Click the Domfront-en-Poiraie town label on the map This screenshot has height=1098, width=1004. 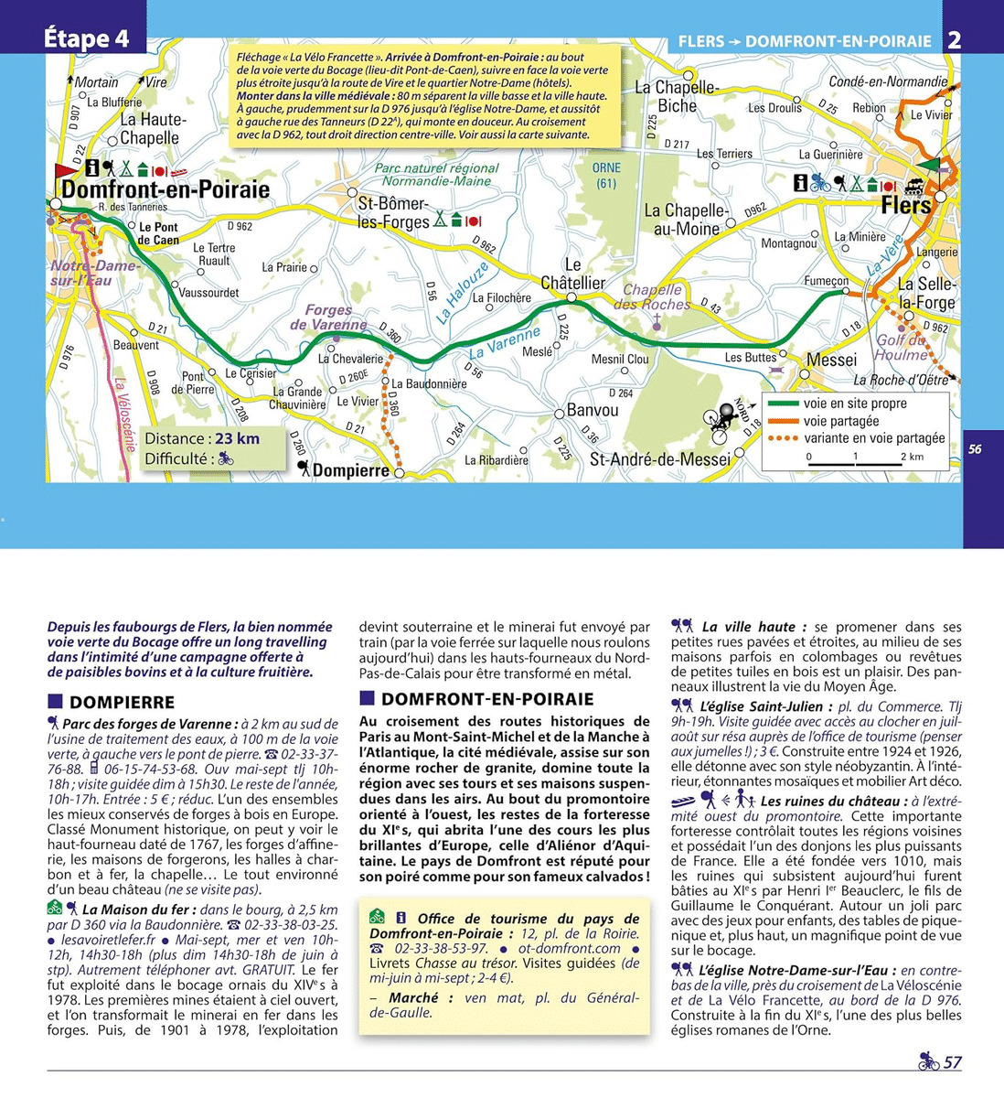[x=166, y=189]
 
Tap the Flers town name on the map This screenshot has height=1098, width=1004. [x=905, y=205]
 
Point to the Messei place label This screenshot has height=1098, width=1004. [x=831, y=360]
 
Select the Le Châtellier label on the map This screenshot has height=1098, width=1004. [x=573, y=274]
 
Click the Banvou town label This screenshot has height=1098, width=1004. [x=593, y=410]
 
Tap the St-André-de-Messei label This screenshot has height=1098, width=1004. [x=660, y=458]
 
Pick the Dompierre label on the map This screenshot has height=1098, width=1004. [x=350, y=470]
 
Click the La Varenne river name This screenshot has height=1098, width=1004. [x=505, y=342]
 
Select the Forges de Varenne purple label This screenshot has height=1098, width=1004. [x=329, y=318]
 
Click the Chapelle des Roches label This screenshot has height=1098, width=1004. [x=653, y=297]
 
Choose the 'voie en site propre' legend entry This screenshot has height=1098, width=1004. [x=854, y=404]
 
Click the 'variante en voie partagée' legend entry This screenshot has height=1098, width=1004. [x=873, y=438]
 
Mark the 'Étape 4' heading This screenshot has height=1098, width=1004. [x=87, y=38]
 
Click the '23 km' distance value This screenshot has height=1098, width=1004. [x=237, y=438]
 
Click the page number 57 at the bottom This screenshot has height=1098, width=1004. [x=952, y=1062]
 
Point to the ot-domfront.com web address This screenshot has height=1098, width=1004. [x=569, y=949]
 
